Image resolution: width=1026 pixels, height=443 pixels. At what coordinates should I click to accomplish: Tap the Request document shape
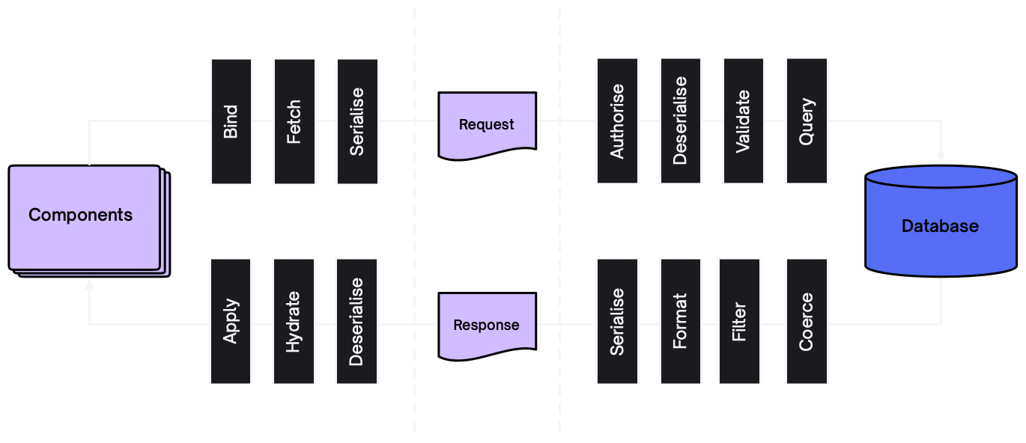[x=487, y=123]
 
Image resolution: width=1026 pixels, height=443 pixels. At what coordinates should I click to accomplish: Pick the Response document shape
[x=487, y=324]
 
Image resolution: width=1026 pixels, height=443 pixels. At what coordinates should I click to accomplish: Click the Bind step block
[x=231, y=121]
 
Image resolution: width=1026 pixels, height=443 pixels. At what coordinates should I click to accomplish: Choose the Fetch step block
[x=294, y=121]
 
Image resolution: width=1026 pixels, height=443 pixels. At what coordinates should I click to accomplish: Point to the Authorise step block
[x=617, y=121]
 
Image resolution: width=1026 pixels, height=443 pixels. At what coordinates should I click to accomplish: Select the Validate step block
[x=743, y=121]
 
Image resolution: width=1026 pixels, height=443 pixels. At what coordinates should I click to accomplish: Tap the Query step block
[x=807, y=121]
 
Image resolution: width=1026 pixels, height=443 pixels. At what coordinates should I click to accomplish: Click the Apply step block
[x=231, y=322]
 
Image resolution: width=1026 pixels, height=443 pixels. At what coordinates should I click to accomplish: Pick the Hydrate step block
[x=294, y=322]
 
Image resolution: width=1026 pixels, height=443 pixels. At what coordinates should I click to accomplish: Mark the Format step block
[x=680, y=322]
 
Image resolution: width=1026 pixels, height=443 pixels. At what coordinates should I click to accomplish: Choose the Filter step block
[x=739, y=322]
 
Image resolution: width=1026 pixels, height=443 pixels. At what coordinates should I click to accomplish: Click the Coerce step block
[x=807, y=322]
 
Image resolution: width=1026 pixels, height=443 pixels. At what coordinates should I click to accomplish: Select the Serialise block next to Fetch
[x=357, y=121]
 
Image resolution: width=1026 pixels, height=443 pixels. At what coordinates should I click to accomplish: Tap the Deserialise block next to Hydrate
[x=356, y=322]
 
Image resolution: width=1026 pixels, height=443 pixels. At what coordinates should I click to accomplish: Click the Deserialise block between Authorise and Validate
[x=680, y=121]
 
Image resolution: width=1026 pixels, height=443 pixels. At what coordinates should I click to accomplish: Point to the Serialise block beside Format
[x=617, y=322]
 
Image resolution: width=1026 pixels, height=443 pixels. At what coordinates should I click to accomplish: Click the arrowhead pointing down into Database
[x=941, y=159]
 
